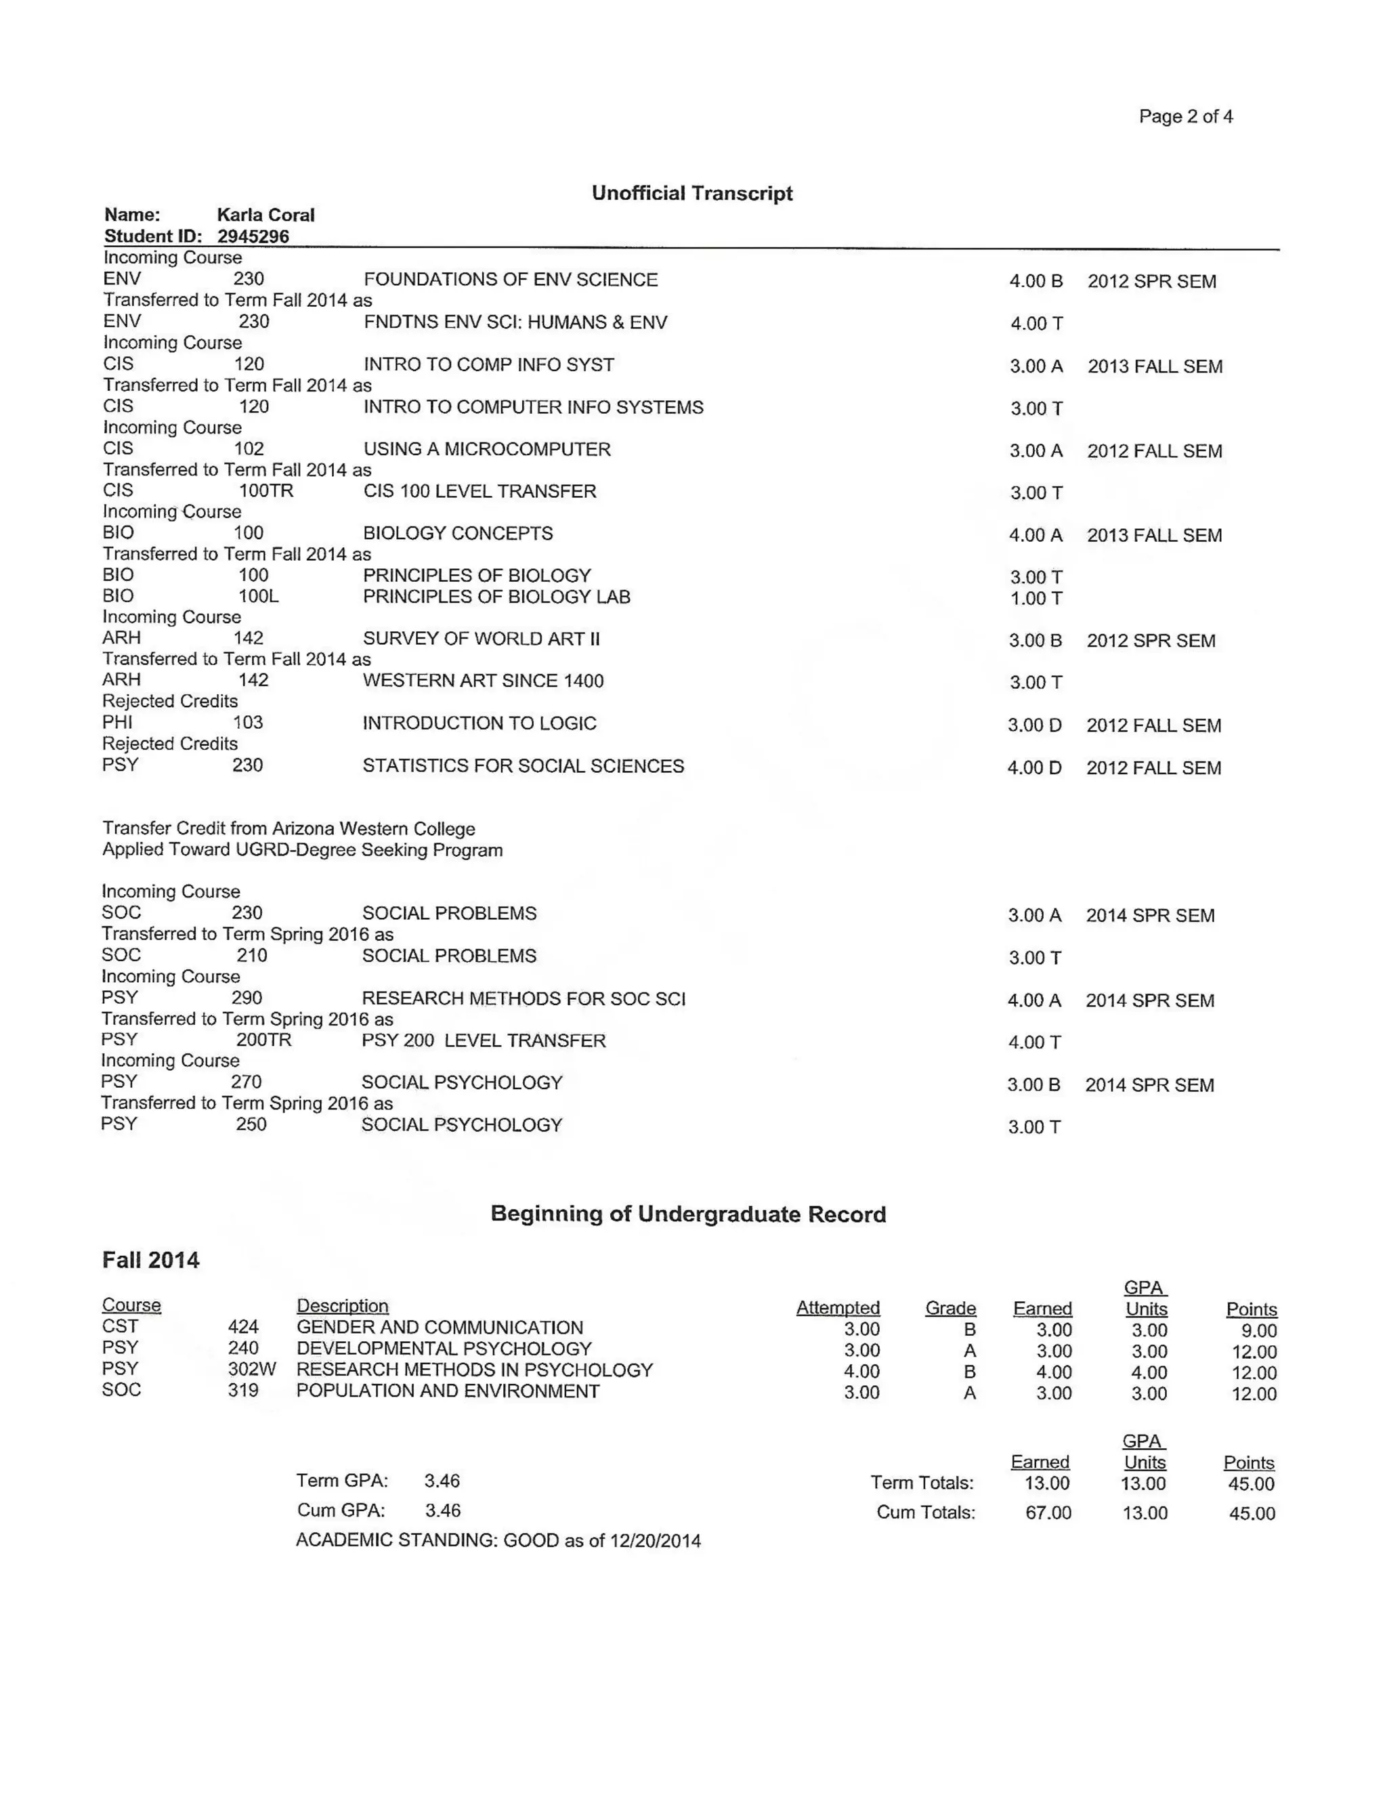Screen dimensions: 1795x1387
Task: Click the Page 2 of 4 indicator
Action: click(1185, 117)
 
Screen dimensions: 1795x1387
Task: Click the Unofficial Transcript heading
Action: click(692, 193)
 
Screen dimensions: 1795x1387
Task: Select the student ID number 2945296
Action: click(253, 236)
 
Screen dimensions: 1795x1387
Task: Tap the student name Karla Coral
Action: click(265, 215)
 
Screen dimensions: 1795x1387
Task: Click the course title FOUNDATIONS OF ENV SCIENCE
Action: click(510, 280)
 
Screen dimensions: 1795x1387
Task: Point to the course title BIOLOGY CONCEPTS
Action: click(458, 533)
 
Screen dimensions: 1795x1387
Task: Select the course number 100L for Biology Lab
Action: click(258, 597)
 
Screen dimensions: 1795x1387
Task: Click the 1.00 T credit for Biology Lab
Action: click(1036, 598)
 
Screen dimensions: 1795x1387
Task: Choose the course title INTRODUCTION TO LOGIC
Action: click(479, 723)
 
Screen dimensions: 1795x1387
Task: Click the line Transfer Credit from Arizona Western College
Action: click(289, 828)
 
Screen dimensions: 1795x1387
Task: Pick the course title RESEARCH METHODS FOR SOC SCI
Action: click(524, 998)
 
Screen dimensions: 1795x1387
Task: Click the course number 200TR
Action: click(263, 1040)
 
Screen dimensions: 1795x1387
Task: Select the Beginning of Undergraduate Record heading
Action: click(688, 1214)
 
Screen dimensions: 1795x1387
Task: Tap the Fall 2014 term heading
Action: click(150, 1260)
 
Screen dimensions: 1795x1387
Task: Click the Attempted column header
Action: click(837, 1307)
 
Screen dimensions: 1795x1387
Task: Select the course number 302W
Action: click(251, 1370)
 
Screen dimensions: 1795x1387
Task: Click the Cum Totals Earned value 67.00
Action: click(1048, 1513)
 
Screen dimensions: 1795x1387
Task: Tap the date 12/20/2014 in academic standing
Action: click(655, 1541)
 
